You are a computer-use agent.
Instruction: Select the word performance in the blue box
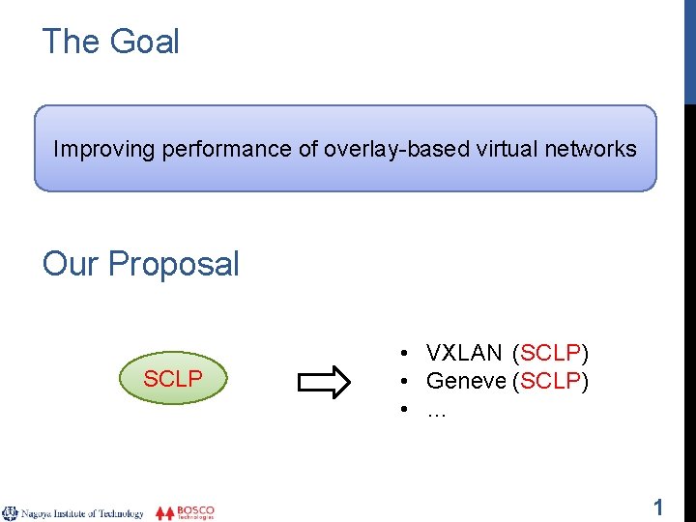coord(208,149)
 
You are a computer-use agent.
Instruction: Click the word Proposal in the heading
coord(174,264)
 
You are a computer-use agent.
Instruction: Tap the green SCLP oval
coord(172,379)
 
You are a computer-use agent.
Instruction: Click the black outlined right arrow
coord(324,382)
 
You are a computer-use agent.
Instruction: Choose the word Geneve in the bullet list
coord(467,381)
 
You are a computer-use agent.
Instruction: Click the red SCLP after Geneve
coord(551,381)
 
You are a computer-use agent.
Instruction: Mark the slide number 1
coord(658,507)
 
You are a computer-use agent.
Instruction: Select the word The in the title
coord(66,42)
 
